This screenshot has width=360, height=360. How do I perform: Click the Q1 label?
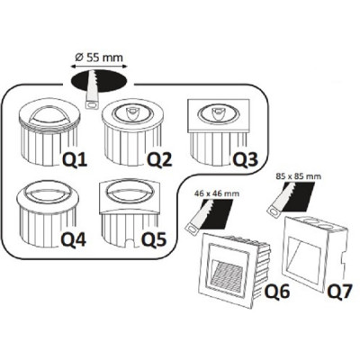[75, 159]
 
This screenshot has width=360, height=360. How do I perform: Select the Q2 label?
[159, 159]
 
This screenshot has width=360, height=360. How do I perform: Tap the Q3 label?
[246, 159]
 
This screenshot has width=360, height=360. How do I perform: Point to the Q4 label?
[74, 239]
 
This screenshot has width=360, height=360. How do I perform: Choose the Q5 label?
[154, 239]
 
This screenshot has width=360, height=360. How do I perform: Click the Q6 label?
[277, 291]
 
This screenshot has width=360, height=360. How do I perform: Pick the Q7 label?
[339, 291]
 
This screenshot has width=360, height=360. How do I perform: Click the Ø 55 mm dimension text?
[99, 58]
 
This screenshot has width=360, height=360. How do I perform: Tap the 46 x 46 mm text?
[217, 193]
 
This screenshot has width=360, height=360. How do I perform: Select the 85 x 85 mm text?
[298, 176]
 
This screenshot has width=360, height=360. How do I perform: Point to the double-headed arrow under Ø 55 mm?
[99, 66]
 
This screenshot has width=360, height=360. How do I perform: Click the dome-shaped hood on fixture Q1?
[49, 116]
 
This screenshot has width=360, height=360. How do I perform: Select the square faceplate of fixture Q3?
[219, 116]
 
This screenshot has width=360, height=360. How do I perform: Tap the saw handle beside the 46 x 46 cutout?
[193, 229]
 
